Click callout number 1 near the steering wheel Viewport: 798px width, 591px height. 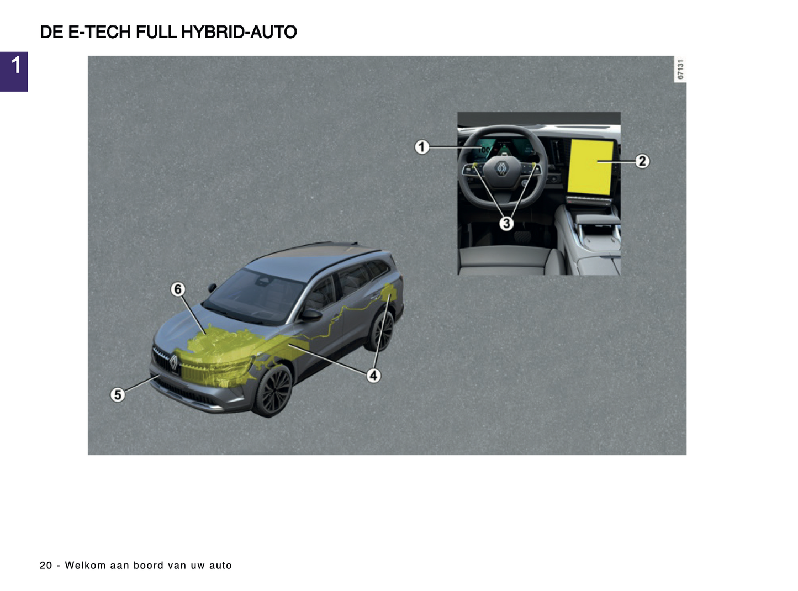[422, 147]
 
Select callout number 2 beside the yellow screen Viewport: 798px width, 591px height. [642, 161]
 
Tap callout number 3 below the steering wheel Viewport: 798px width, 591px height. [506, 223]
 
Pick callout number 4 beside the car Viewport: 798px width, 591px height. [373, 376]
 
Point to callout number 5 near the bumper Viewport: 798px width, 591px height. [118, 394]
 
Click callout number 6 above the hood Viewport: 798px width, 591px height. [178, 289]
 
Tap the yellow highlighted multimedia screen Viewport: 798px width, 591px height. [590, 167]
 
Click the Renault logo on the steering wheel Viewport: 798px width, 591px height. [501, 169]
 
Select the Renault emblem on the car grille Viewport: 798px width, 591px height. [173, 362]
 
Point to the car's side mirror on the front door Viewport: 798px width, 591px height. [311, 315]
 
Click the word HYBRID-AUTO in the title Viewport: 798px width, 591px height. [239, 32]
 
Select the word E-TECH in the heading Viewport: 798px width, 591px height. [99, 32]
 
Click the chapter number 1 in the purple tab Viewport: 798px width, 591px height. [16, 66]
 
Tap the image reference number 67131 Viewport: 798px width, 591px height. [680, 70]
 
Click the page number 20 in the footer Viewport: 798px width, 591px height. [46, 565]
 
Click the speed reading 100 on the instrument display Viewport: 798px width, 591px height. [484, 150]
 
